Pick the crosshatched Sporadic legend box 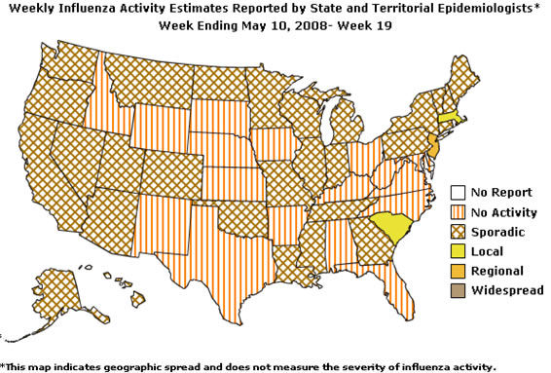[x=457, y=232]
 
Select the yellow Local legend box [x=457, y=251]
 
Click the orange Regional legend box [x=457, y=271]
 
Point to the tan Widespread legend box [x=457, y=290]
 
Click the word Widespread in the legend [x=502, y=290]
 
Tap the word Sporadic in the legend [x=496, y=232]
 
